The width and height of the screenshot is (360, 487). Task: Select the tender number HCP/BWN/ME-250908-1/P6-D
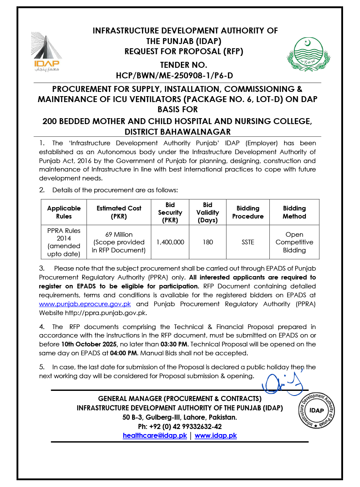174,76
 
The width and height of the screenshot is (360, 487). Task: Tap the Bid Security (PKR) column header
170,212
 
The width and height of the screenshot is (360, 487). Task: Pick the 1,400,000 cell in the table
170,242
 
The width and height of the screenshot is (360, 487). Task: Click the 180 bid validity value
208,242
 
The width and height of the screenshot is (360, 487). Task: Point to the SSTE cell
248,242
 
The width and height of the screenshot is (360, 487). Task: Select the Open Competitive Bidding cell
294,242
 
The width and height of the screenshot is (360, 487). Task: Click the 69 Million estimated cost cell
119,242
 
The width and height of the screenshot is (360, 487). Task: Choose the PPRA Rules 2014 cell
64,242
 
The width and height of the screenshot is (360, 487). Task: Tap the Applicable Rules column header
64,212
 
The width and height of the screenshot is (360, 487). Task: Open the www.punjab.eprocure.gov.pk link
85,304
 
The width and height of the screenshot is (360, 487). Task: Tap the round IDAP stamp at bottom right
316,410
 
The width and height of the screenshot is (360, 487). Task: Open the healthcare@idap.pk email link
155,435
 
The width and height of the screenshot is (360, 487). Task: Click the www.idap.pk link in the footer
216,435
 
